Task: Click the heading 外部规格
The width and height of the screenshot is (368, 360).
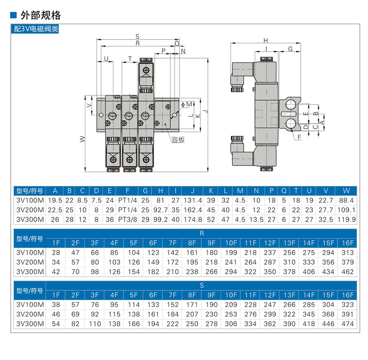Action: pos(40,15)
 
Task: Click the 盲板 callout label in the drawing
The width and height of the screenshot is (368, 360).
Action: pos(178,140)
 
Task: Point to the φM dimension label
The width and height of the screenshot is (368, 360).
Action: pos(187,104)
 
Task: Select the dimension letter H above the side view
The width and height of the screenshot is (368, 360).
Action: pos(265,40)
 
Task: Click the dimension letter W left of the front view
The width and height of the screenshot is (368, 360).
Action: pos(82,139)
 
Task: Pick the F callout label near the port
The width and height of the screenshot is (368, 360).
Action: pos(299,137)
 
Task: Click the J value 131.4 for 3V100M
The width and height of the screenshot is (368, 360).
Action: pos(193,200)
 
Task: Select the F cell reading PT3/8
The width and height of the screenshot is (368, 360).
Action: pos(127,220)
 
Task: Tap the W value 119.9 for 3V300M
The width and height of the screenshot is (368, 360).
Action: pos(346,220)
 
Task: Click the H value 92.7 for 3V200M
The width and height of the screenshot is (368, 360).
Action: pos(160,210)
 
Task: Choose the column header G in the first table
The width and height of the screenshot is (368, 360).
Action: pos(145,191)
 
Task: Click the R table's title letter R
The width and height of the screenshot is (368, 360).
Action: pos(202,233)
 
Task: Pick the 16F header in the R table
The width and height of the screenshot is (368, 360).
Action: pos(348,243)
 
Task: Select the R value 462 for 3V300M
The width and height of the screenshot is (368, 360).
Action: pos(348,272)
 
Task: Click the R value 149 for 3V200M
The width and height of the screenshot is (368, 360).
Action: pos(153,262)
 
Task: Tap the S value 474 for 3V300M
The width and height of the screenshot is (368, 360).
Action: pos(348,324)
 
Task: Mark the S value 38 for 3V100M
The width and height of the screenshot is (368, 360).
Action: pos(56,305)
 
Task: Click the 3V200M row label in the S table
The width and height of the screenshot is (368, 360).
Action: pos(30,314)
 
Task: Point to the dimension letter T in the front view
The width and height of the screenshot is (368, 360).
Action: pos(130,59)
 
